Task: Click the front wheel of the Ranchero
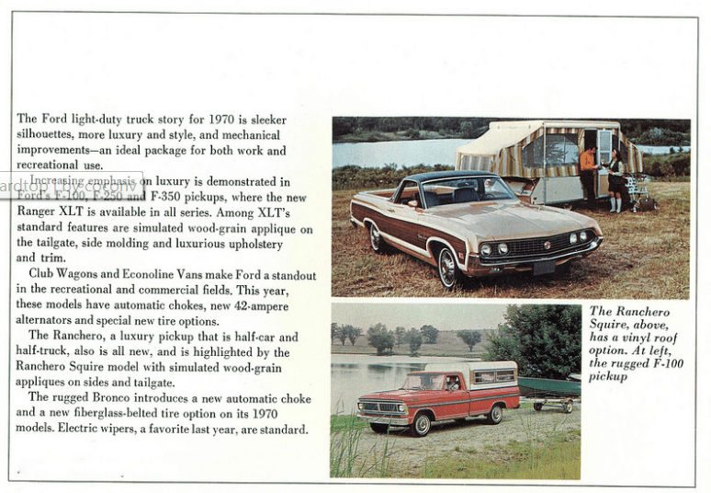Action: [449, 267]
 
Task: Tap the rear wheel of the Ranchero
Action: [377, 237]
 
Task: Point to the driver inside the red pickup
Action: [452, 384]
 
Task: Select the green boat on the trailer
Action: [549, 386]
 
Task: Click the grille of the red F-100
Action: [379, 406]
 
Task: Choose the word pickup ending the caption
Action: [608, 376]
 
